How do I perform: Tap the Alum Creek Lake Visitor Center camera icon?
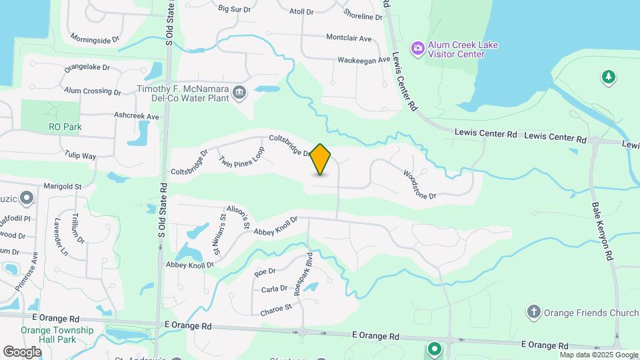click(418, 48)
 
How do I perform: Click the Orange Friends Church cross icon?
click(533, 312)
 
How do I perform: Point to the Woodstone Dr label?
click(419, 184)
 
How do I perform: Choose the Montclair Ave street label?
click(348, 38)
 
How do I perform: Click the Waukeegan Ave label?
click(363, 60)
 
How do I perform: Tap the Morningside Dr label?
click(95, 39)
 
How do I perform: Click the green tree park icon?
click(608, 77)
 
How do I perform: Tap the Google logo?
click(22, 351)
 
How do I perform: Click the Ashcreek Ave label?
click(137, 116)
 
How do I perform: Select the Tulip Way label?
click(81, 156)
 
